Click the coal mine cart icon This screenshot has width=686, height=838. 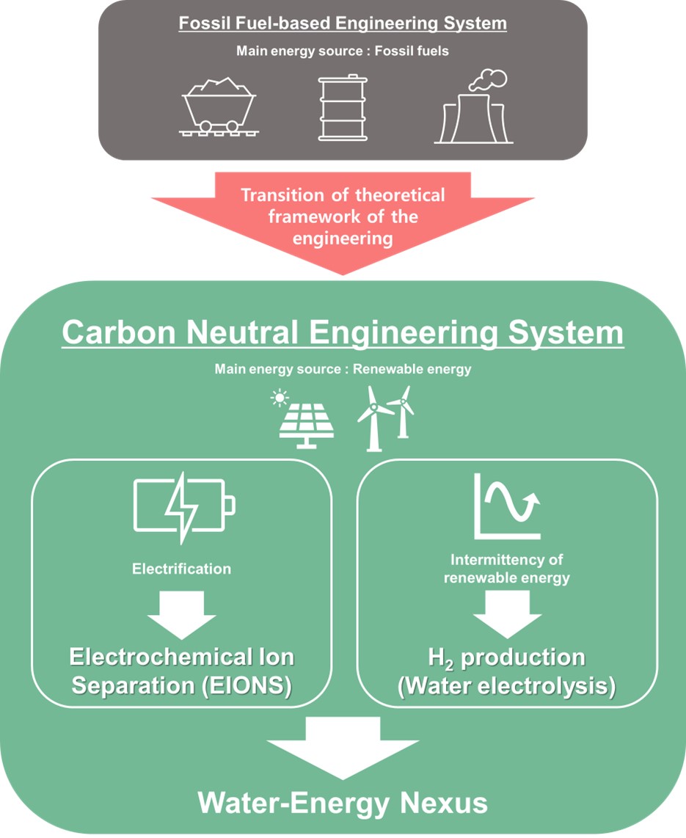218,107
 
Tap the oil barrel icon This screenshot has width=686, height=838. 342,107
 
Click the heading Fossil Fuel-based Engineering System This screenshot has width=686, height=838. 343,23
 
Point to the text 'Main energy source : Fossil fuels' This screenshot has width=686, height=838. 343,51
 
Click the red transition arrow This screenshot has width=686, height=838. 343,220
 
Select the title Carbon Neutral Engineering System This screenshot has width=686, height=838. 343,332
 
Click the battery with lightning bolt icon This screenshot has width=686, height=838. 184,506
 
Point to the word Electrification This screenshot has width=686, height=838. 181,569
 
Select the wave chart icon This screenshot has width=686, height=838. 507,506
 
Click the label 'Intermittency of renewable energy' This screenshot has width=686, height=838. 507,570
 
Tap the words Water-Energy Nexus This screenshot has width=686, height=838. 343,803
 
